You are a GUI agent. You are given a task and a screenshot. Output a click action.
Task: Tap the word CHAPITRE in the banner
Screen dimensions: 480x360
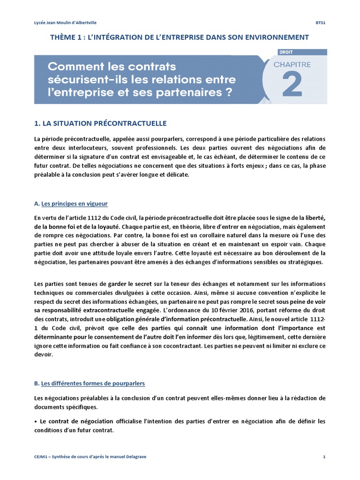click(292, 65)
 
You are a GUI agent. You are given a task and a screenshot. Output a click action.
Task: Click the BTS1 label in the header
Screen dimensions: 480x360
click(321, 22)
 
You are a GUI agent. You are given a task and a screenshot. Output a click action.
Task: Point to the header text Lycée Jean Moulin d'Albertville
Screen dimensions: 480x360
click(66, 22)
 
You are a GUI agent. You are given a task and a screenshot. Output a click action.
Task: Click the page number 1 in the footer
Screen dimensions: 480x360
click(324, 457)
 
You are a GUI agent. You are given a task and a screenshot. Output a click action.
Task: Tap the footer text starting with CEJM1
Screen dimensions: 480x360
click(90, 457)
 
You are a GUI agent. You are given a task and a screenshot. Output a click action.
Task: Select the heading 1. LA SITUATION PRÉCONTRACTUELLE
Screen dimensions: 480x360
click(100, 123)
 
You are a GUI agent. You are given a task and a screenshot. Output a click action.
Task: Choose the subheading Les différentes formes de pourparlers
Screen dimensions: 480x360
click(93, 383)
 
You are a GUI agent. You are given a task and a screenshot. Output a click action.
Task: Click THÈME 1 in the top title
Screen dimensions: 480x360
click(67, 37)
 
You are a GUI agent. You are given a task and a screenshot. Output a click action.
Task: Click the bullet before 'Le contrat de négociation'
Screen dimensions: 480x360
click(36, 421)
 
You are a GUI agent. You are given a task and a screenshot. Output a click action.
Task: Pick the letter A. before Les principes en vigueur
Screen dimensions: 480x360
click(37, 203)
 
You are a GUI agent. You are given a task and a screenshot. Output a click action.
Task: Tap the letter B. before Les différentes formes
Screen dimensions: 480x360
click(37, 383)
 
